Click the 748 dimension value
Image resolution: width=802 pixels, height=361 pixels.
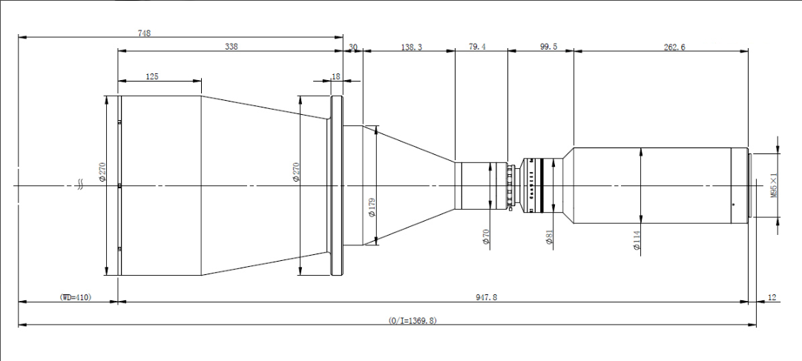[145, 33]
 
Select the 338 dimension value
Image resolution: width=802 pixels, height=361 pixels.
[231, 47]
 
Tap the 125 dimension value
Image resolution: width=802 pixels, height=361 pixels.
[152, 76]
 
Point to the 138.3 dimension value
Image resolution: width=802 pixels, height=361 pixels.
[411, 47]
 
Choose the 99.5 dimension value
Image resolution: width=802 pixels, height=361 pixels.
[548, 47]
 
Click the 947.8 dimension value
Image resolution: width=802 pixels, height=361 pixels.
[487, 297]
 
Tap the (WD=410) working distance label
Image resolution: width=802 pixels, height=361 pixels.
[75, 297]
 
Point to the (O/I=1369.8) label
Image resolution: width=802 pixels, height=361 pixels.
[413, 320]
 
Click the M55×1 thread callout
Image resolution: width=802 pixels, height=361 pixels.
[773, 185]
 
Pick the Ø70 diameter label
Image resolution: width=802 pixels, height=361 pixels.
[486, 236]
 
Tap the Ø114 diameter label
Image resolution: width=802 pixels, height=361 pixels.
[637, 242]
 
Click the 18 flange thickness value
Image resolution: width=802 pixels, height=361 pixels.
[336, 76]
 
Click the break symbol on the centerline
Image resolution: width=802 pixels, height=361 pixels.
[79, 185]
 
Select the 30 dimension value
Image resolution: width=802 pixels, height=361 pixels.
[353, 47]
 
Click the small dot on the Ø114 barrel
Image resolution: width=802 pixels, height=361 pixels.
[733, 204]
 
